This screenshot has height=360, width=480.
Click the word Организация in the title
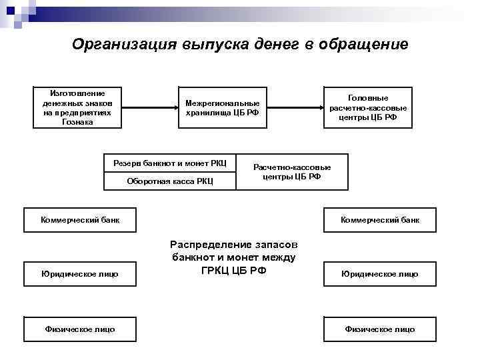[124, 45]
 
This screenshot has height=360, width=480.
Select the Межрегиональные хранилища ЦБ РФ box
[223, 107]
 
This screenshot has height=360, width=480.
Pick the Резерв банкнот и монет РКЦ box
[169, 163]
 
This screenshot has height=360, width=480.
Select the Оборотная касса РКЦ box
[169, 181]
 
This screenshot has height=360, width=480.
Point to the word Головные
[368, 97]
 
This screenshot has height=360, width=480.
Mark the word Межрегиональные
[223, 103]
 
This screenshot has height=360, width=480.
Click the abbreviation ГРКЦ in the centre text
[217, 269]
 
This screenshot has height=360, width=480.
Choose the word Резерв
[126, 163]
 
